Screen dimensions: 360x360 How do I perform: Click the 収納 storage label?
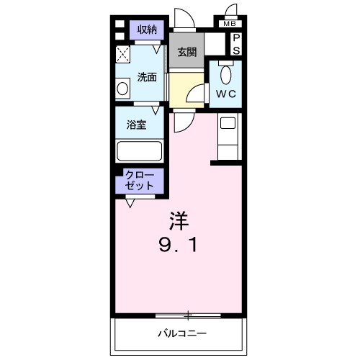coord(147,30)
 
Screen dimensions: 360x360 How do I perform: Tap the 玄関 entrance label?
coord(187,53)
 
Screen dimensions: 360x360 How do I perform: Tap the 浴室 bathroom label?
coord(138,125)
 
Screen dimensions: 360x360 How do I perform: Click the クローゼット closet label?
coord(139,179)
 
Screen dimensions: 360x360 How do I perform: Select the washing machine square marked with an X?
coord(123,54)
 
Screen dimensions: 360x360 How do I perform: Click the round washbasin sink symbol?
coord(122,89)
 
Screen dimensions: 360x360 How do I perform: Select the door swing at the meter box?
coord(232,11)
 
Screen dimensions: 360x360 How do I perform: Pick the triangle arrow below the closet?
coord(130,204)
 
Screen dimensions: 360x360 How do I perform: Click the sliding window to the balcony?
coord(187,314)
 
